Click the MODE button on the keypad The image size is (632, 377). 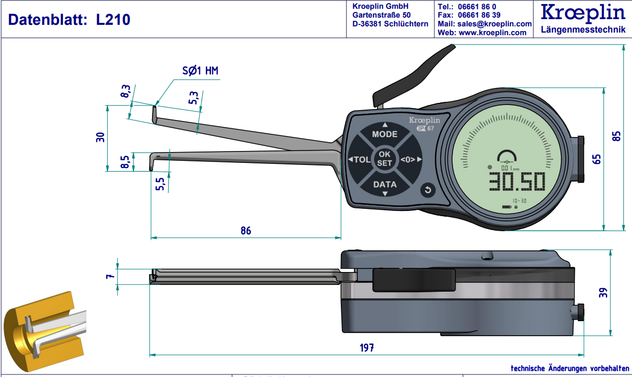pyautogui.click(x=385, y=134)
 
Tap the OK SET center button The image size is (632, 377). pyautogui.click(x=384, y=158)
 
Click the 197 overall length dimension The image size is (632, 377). pyautogui.click(x=366, y=348)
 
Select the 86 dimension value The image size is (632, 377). pyautogui.click(x=246, y=231)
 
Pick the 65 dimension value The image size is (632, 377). pyautogui.click(x=596, y=159)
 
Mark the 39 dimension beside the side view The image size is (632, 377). pyautogui.click(x=604, y=292)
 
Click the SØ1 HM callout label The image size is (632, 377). pyautogui.click(x=200, y=71)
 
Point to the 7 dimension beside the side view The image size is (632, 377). pyautogui.click(x=109, y=277)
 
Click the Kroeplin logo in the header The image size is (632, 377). pyautogui.click(x=582, y=13)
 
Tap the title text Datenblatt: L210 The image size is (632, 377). pyautogui.click(x=69, y=20)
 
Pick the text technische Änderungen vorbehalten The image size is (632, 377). pyautogui.click(x=569, y=368)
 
